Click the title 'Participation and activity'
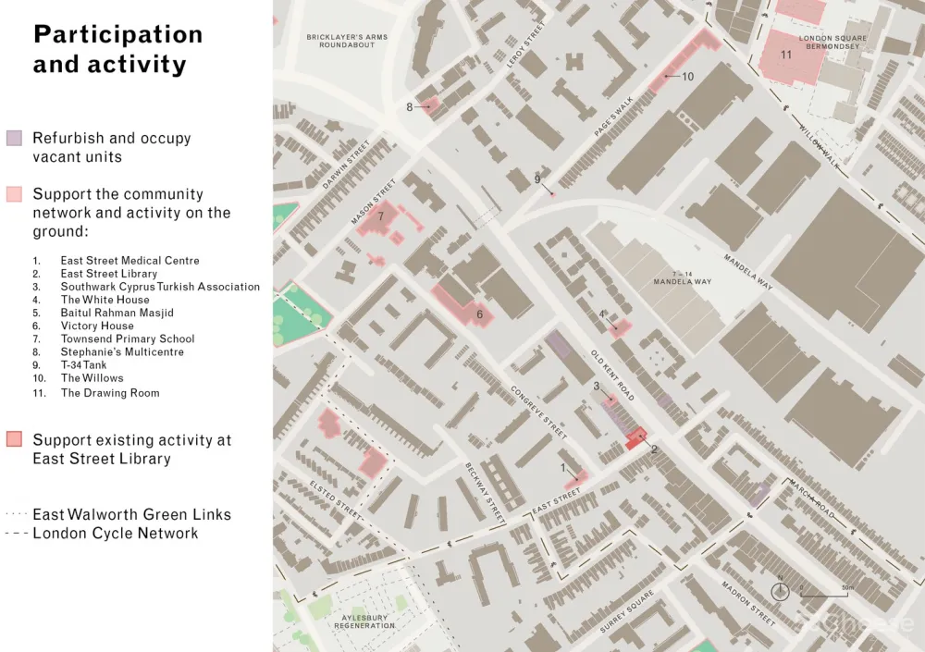pos(117,49)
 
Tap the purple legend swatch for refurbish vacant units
pos(14,139)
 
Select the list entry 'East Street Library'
pos(109,274)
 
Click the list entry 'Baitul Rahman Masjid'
pos(117,313)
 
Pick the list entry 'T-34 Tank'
pos(83,365)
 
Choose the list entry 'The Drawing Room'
pos(110,393)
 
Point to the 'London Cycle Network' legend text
pos(116,534)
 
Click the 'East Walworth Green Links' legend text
pos(131,515)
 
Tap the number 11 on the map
pos(786,55)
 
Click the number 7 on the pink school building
pos(380,216)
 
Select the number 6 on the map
pos(479,314)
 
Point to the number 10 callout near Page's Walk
pos(687,77)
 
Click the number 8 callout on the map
pos(410,107)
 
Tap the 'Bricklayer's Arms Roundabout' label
pos(347,41)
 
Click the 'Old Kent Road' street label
pos(611,376)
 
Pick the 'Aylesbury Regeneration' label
pos(364,621)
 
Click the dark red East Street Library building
pos(635,439)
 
